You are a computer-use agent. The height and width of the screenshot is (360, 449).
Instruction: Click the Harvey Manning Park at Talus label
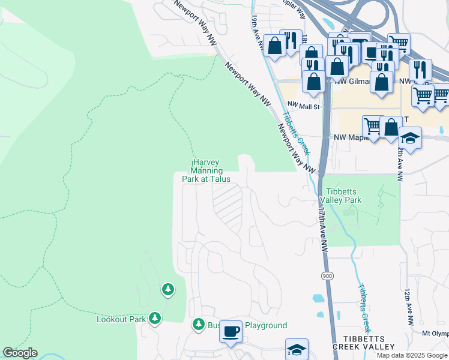(206, 171)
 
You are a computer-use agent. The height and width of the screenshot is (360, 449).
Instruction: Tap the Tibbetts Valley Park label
(340, 195)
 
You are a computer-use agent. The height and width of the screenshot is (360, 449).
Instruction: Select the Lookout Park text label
(121, 319)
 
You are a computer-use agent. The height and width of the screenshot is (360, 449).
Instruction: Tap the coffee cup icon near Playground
(231, 332)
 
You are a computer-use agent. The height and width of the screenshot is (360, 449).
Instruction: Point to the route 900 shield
(327, 275)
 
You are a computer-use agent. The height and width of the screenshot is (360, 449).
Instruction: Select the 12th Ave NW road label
(409, 306)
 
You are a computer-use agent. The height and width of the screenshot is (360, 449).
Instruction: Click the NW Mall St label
(304, 107)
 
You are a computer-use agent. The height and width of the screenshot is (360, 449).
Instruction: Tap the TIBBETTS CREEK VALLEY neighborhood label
(365, 343)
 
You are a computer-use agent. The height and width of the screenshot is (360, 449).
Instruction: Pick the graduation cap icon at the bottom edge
(297, 350)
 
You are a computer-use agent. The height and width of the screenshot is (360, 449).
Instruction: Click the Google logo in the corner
(20, 353)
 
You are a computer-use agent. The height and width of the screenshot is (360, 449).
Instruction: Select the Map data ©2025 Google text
(412, 355)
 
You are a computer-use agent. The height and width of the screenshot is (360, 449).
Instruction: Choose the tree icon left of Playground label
(199, 325)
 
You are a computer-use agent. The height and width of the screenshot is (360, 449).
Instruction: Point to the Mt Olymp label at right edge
(435, 334)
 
